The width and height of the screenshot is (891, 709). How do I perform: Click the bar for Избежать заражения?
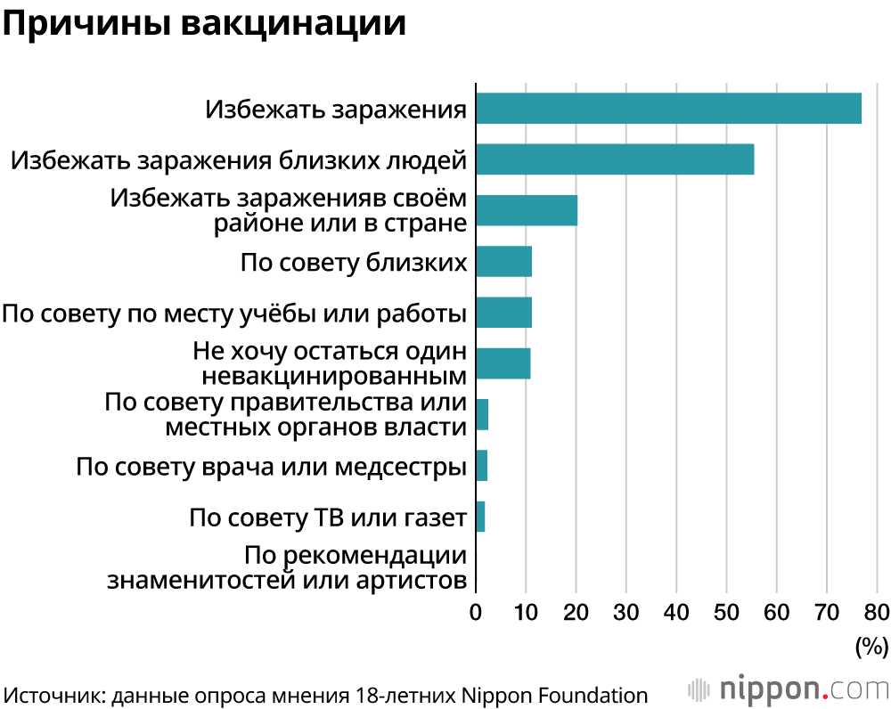tap(668, 109)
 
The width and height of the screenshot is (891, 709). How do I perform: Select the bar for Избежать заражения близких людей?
tap(615, 159)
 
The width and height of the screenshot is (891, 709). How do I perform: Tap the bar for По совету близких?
tap(503, 262)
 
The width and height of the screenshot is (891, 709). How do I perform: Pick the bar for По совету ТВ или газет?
tap(480, 517)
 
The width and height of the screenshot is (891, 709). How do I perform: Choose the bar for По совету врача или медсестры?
tap(482, 466)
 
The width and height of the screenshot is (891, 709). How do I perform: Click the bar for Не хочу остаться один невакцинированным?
tap(503, 363)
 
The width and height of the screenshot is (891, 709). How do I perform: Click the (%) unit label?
tap(871, 646)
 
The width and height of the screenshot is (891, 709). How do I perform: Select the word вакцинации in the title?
tap(293, 25)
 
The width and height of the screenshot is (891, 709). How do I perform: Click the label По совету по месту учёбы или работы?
tap(234, 314)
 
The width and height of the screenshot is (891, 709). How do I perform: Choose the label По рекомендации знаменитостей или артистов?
tap(287, 568)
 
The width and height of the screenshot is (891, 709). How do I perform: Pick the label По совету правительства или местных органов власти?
tap(285, 414)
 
